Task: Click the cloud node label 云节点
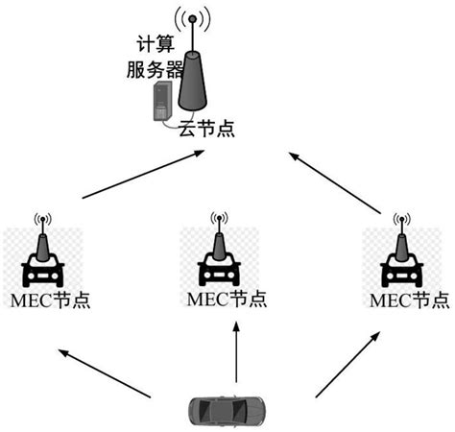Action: [206, 128]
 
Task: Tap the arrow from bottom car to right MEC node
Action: [348, 366]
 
